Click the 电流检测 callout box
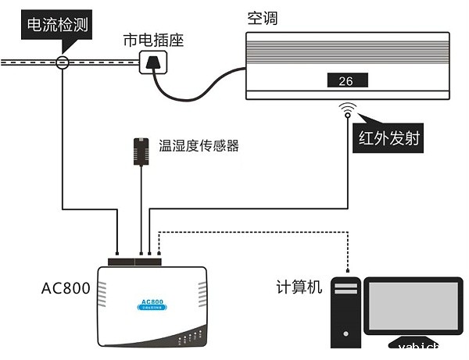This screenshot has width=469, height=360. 57,26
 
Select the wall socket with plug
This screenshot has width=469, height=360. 153,62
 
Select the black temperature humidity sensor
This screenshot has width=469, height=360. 141,151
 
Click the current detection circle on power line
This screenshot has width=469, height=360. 62,62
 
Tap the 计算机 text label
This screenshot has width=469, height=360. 299,287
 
